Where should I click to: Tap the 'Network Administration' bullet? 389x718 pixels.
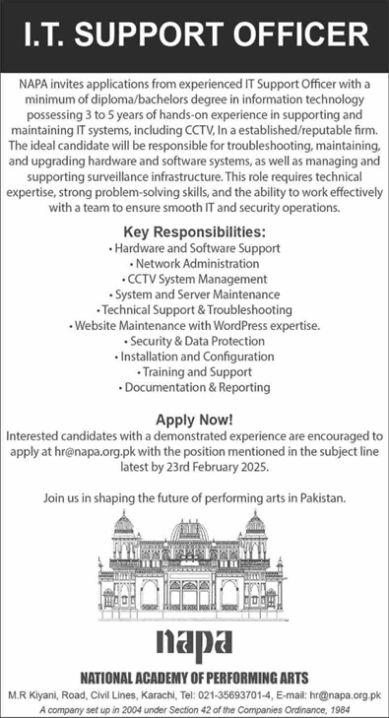coord(194,264)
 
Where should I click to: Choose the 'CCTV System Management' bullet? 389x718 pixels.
coord(194,279)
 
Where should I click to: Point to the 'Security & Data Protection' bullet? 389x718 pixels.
coord(194,341)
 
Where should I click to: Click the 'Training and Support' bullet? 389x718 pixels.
coord(194,372)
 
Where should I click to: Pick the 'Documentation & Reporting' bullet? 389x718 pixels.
coord(194,388)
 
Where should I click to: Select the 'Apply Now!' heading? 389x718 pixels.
coord(194,419)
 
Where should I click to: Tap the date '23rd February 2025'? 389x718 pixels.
coord(212,466)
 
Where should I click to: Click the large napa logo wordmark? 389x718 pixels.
coord(194,642)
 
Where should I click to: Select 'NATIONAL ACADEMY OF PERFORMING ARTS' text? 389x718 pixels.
coord(194,677)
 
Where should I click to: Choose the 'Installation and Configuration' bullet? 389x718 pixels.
coord(194,357)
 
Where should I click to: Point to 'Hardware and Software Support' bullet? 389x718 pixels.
coord(194,248)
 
